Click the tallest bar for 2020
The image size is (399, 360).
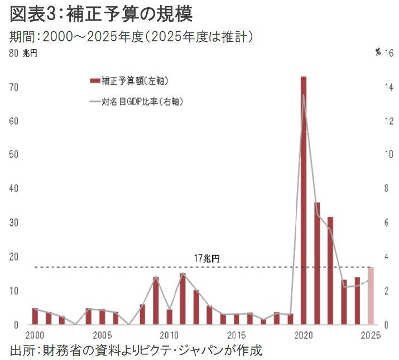304,201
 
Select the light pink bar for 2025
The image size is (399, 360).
371,296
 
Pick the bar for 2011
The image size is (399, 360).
182,299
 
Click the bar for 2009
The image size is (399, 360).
156,301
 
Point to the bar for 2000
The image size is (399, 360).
35,316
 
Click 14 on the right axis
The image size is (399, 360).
389,88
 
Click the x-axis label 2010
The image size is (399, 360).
169,335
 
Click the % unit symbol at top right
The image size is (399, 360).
378,53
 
